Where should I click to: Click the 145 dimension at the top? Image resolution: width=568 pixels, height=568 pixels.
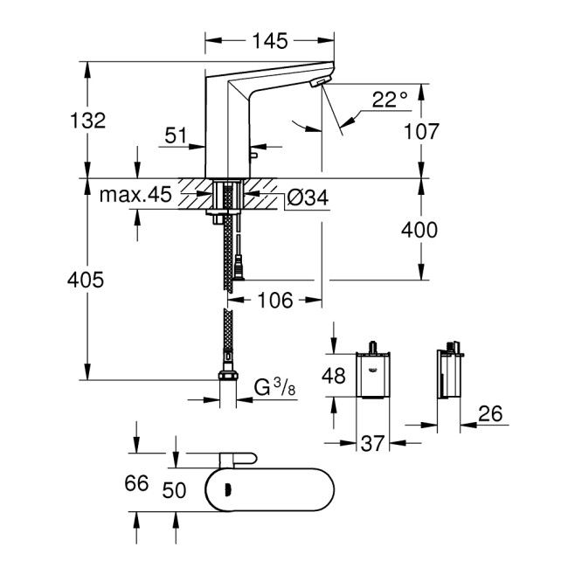click(x=270, y=40)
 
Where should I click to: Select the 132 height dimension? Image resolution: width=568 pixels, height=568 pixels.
click(x=88, y=121)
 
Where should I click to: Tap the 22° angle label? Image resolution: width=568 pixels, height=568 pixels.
click(x=390, y=100)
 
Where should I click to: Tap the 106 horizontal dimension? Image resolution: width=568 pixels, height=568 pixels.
click(x=276, y=301)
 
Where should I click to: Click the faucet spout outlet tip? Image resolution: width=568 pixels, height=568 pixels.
click(x=319, y=81)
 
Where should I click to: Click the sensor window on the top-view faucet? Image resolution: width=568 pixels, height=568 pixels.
click(x=228, y=492)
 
